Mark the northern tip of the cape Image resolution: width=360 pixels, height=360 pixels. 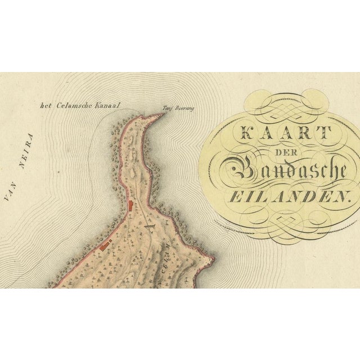coord(164,114)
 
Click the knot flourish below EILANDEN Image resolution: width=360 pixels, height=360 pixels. coord(287,217)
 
